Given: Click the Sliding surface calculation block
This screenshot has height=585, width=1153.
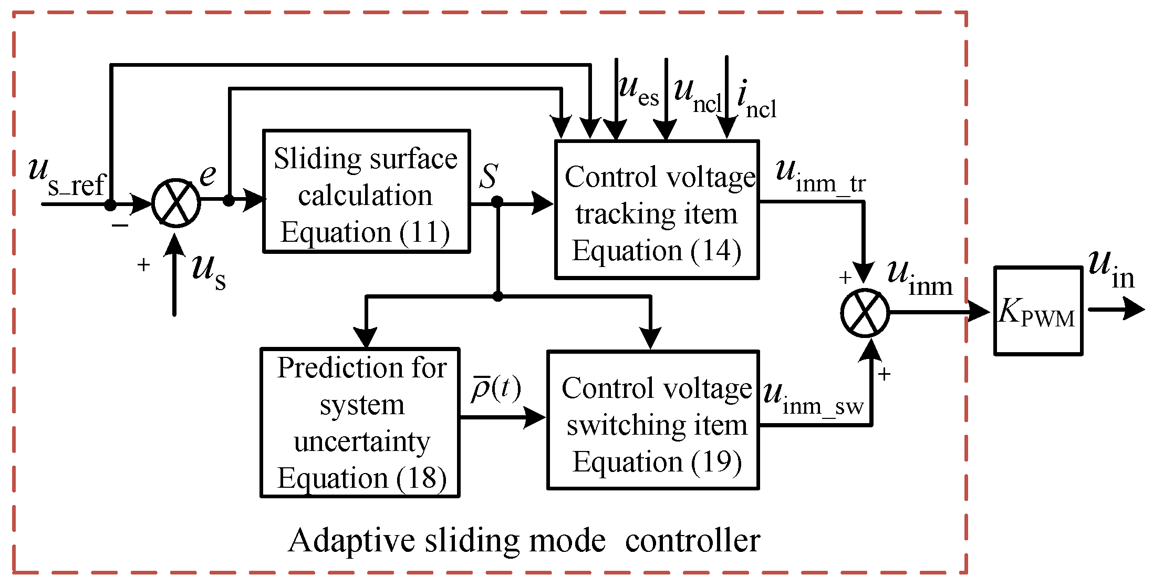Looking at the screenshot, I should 366,191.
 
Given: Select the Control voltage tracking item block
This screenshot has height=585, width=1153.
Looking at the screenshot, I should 657,209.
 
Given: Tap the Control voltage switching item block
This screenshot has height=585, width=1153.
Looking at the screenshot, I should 653,419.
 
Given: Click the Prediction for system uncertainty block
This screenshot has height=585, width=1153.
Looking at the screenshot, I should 360,422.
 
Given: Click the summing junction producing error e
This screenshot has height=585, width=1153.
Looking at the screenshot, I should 176,203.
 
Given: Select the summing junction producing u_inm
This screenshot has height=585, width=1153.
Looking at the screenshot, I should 864,313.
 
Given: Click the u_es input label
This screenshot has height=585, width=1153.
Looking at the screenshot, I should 638,91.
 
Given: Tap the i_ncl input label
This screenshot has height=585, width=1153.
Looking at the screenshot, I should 755,101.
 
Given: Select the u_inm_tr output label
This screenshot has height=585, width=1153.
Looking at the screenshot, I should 820,177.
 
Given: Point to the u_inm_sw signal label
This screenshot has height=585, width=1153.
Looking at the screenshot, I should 813,399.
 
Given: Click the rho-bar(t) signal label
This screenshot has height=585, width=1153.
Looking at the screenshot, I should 495,389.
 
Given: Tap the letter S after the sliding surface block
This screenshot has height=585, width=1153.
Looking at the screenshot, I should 489,176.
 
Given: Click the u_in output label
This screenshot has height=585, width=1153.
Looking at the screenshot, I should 1111,270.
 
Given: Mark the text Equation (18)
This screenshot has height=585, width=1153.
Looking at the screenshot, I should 361,478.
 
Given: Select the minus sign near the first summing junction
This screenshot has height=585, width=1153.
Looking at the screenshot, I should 120,225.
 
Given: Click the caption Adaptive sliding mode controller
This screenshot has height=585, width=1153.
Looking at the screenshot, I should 524,540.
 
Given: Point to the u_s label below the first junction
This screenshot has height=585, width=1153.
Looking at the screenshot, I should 209,271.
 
